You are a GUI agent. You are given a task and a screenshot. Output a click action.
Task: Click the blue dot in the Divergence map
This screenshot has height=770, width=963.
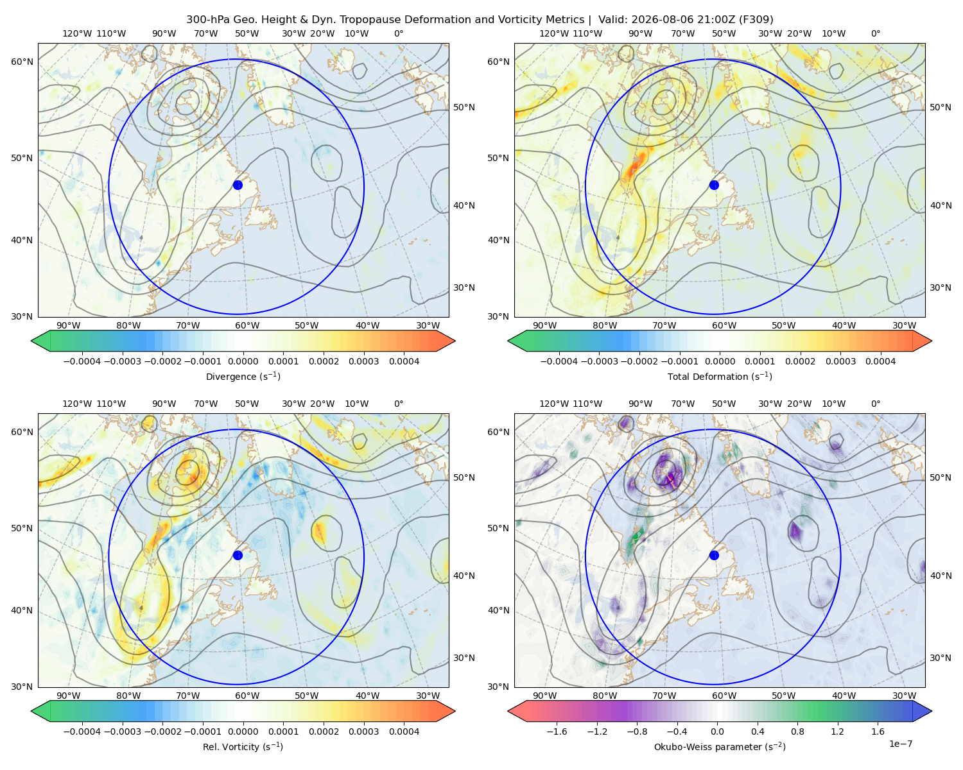238,185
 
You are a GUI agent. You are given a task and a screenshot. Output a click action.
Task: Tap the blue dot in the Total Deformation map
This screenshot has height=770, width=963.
714,185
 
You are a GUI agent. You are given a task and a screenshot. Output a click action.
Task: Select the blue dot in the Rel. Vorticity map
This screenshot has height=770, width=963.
238,555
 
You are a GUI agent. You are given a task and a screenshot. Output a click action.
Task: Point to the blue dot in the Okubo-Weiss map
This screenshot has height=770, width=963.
714,555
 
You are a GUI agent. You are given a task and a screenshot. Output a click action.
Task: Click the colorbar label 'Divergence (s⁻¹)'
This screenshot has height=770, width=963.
243,377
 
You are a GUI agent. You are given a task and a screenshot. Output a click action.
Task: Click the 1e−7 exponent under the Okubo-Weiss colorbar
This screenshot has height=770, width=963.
900,744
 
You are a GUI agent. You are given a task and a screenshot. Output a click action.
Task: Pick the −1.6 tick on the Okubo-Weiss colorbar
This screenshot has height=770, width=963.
557,732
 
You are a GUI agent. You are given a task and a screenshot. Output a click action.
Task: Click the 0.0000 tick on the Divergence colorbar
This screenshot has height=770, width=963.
243,361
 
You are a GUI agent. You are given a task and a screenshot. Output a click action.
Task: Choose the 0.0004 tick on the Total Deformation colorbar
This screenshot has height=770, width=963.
881,361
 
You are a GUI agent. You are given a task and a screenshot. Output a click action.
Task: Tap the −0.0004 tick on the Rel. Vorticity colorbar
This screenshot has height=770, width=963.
82,732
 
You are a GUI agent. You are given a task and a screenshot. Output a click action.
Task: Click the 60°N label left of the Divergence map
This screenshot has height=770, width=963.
22,62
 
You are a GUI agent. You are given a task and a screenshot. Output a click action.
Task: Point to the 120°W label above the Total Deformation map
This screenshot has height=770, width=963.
554,33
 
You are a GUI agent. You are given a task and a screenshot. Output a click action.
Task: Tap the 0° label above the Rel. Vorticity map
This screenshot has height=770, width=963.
399,404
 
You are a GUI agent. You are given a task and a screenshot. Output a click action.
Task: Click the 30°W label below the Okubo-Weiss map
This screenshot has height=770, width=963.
905,696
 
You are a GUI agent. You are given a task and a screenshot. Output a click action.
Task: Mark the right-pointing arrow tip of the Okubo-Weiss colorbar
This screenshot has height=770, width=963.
932,711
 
